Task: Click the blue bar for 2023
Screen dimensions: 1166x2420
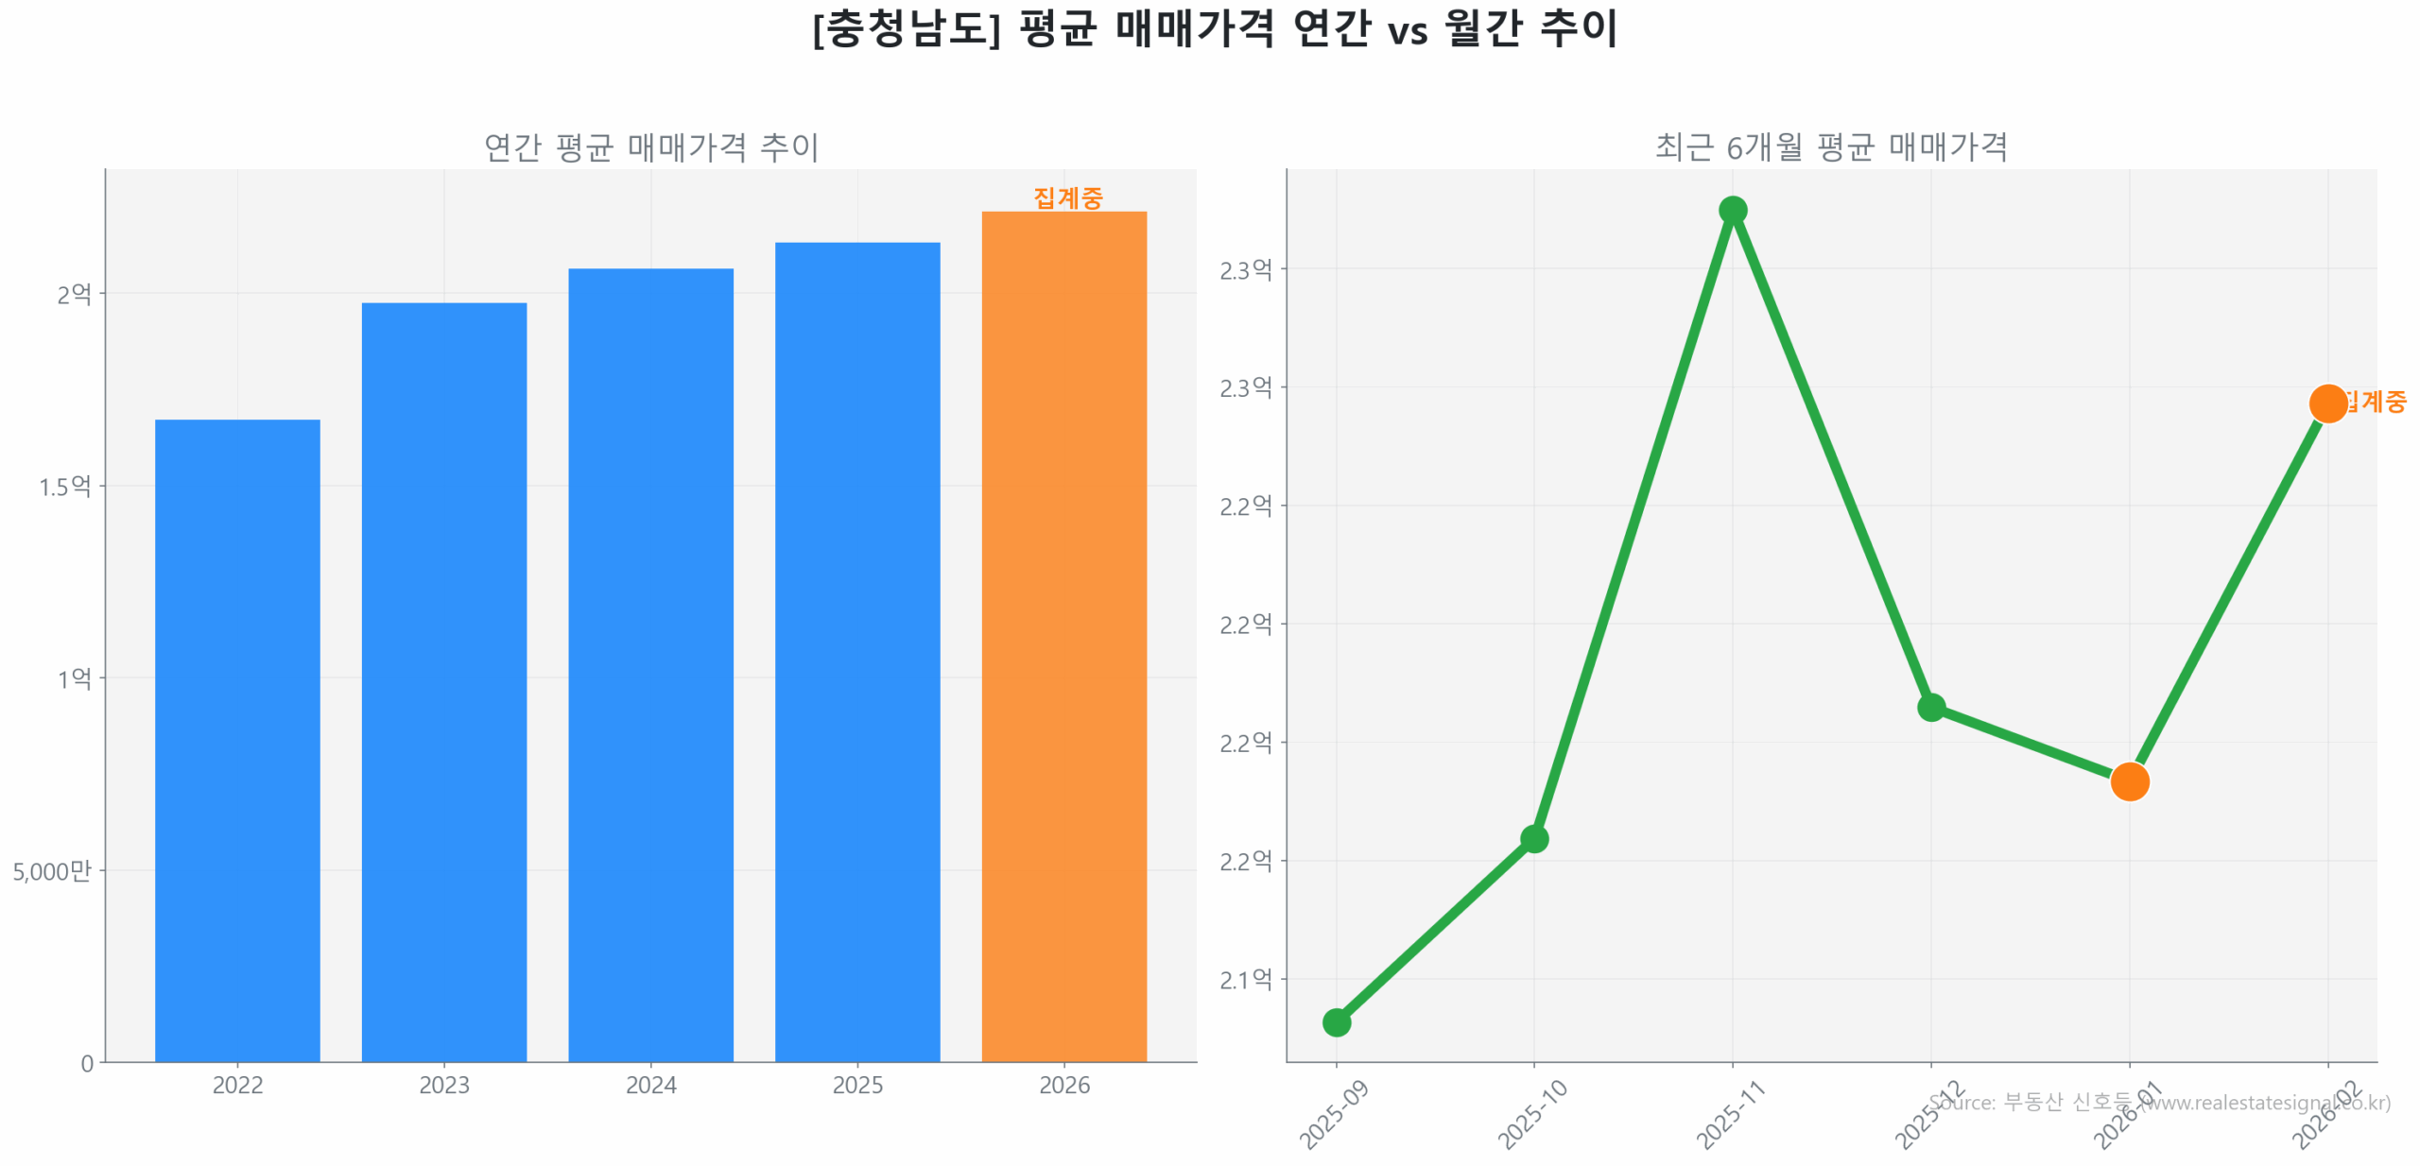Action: [443, 681]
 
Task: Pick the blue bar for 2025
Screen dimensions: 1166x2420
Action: [856, 651]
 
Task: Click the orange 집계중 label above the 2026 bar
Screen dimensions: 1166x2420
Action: [1067, 197]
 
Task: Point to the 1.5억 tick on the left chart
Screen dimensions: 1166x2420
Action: [64, 487]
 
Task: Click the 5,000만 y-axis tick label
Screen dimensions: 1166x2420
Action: [52, 870]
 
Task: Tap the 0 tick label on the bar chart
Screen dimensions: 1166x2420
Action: [87, 1063]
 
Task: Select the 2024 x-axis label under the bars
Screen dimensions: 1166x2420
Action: [650, 1085]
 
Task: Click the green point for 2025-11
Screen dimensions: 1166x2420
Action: [1732, 210]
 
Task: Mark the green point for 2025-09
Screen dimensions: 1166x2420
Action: [1336, 1021]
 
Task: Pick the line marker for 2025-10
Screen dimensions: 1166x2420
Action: [1533, 838]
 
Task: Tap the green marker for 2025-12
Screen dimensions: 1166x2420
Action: [1930, 707]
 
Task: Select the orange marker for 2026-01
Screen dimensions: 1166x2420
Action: [2129, 781]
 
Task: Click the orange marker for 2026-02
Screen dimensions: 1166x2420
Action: [2327, 403]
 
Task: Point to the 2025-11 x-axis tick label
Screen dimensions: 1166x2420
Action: [1730, 1115]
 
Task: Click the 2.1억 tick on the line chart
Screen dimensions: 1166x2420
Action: [1245, 980]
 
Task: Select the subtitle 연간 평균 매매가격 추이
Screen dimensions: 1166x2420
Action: [650, 146]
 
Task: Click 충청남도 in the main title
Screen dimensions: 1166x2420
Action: [906, 28]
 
